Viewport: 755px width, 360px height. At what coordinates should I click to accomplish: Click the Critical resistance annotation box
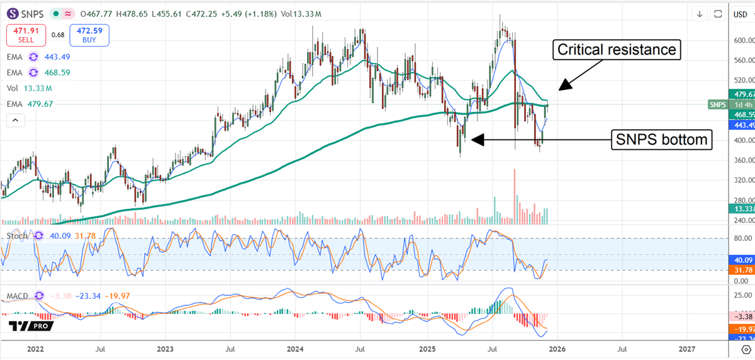(617, 49)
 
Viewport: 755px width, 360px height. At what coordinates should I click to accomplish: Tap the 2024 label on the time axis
(296, 348)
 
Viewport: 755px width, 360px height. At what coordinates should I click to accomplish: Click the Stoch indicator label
(17, 235)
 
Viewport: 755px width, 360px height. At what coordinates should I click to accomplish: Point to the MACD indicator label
(17, 295)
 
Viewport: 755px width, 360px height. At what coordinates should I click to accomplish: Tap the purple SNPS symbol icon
(13, 14)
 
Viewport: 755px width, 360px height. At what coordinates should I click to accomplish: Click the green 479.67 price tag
(742, 94)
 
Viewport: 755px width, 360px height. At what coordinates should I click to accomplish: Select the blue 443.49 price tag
(742, 125)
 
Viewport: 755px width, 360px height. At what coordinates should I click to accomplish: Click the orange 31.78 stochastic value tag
(742, 269)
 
